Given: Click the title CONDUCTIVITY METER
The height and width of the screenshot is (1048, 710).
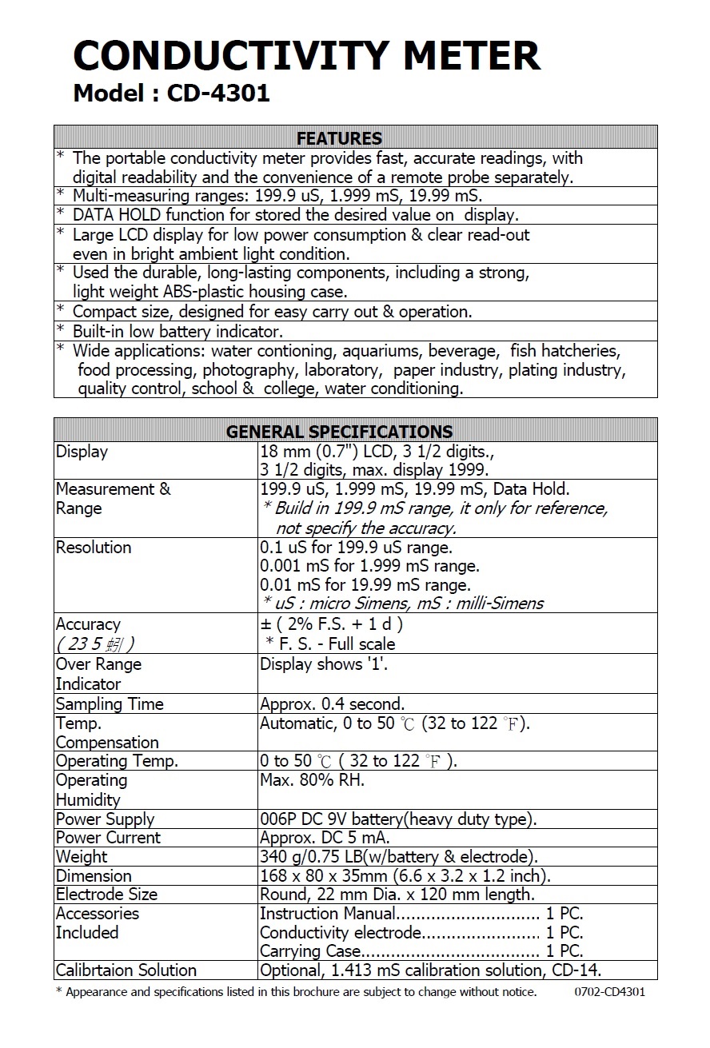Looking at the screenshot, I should point(307,56).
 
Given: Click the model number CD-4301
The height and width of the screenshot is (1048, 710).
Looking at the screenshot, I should point(218,94).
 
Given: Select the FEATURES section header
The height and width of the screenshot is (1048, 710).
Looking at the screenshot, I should point(339,138).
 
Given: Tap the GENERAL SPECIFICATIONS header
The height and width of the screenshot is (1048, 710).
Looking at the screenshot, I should point(339,432).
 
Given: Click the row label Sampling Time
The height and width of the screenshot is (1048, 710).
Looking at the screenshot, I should point(110,704).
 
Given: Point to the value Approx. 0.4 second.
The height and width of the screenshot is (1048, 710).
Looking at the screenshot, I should point(333,704).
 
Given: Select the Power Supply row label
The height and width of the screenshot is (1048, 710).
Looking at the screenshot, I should point(105,819).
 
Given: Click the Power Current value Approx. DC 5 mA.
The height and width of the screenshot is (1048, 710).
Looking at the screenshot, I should point(325,838).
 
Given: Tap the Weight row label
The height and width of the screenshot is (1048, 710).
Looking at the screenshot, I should point(82,857).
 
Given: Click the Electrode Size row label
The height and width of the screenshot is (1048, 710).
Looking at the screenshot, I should point(106,895).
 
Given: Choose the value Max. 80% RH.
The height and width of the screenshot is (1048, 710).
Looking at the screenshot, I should point(312,780).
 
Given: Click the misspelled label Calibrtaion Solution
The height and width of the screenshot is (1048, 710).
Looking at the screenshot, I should point(126,970).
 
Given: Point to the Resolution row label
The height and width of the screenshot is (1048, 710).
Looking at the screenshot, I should point(94,548).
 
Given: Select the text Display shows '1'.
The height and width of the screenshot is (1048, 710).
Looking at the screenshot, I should point(324,664).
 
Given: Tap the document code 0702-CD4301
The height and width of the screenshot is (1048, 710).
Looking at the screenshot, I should point(609,992).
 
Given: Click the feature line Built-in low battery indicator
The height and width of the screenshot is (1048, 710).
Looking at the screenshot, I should point(177,331).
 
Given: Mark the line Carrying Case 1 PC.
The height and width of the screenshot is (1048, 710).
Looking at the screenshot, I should point(421,951).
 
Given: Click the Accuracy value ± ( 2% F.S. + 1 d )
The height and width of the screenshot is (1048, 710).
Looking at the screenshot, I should point(332,624).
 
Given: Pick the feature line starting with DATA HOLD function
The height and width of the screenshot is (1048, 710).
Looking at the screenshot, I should point(295,215).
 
